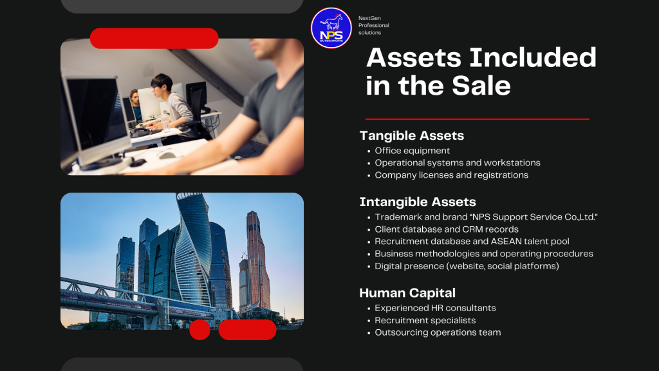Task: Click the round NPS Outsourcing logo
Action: [x=331, y=28]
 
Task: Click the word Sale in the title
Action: [x=481, y=86]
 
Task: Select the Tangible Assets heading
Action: [x=412, y=135]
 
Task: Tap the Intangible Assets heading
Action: [x=418, y=202]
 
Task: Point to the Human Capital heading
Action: [x=407, y=293]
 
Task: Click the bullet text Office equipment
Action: [x=413, y=151]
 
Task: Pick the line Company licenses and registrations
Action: [x=451, y=175]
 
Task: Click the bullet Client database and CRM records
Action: [x=447, y=229]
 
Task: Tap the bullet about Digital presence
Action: [x=467, y=266]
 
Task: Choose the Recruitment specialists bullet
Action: [x=425, y=320]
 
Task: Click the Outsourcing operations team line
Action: [x=438, y=332]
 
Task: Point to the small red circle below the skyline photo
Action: [x=200, y=330]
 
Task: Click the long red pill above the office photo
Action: [x=154, y=38]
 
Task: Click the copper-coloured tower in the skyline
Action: [x=257, y=261]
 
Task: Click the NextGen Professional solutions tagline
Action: [x=374, y=25]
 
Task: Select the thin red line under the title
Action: [x=478, y=119]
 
